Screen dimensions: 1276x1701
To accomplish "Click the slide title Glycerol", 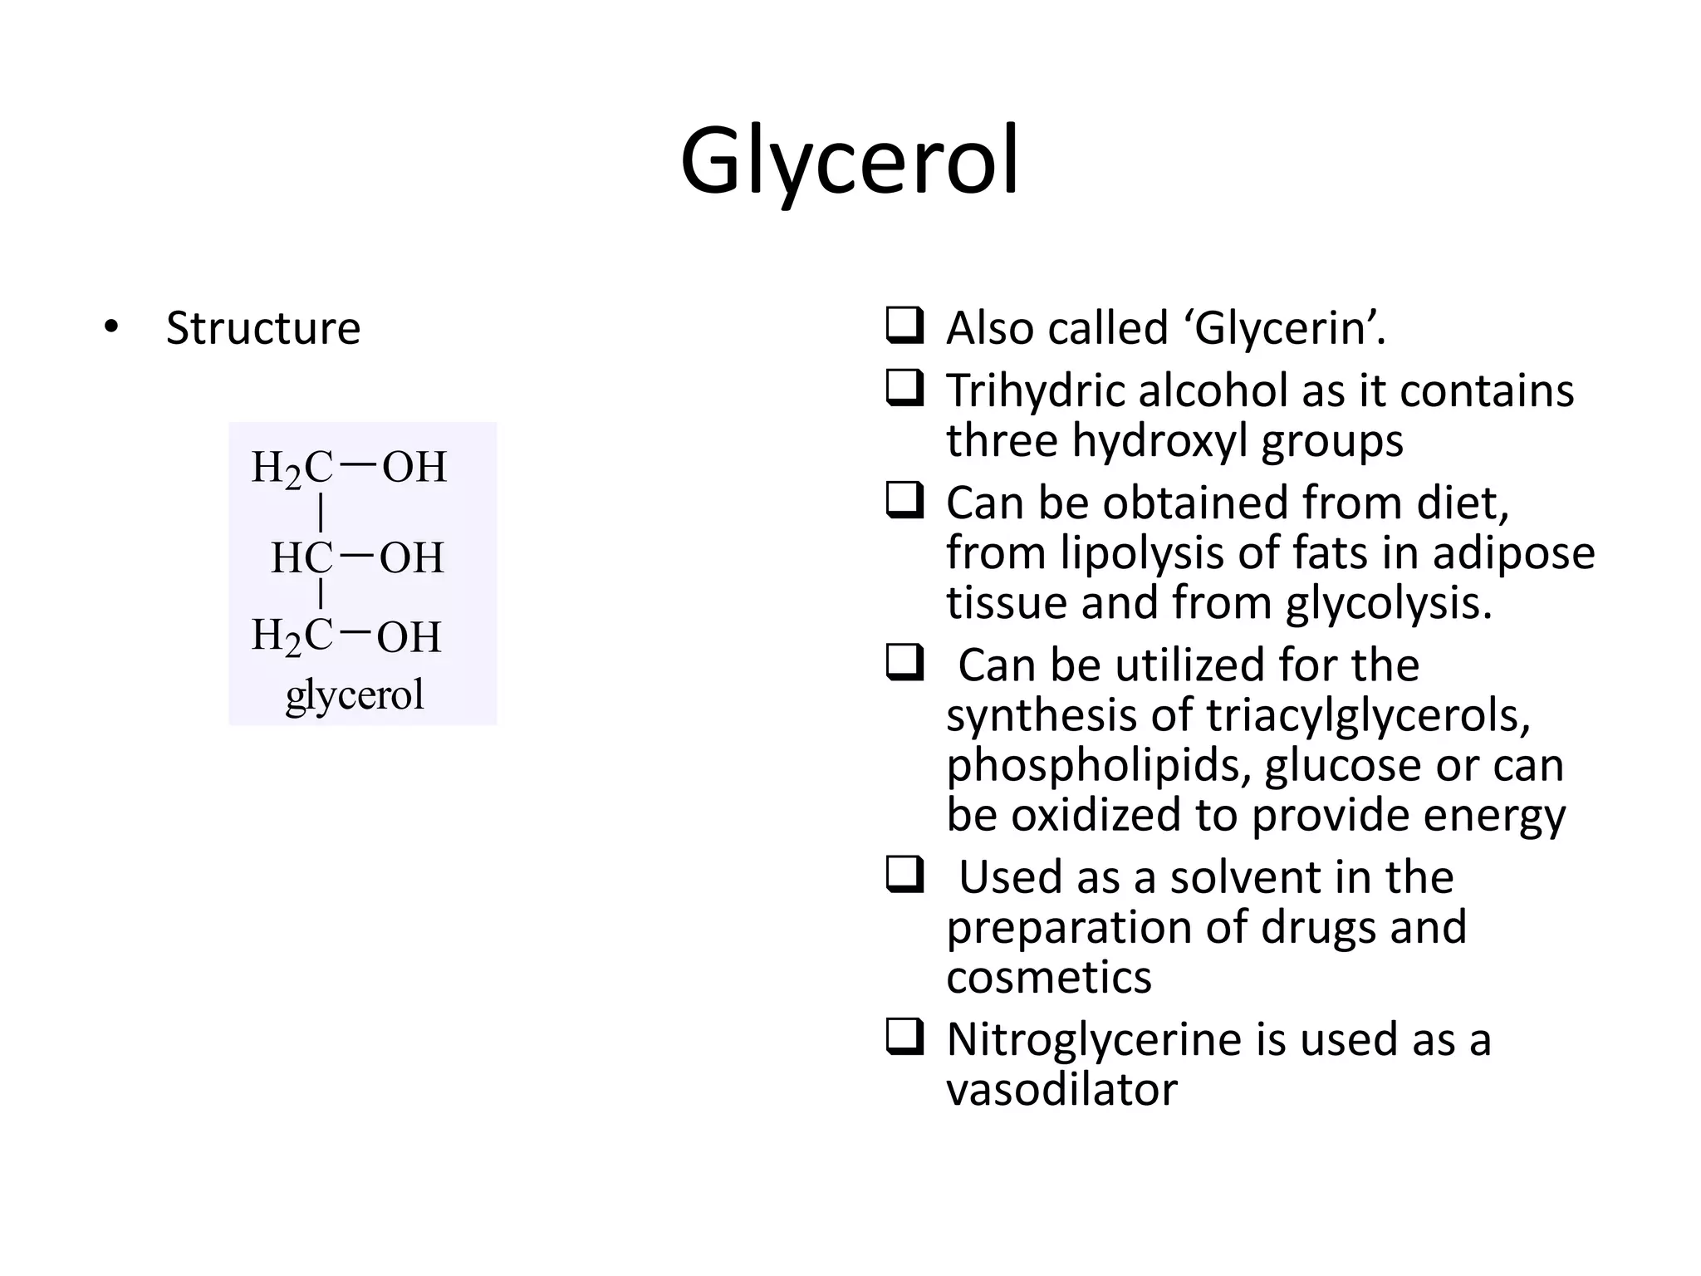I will pyautogui.click(x=849, y=162).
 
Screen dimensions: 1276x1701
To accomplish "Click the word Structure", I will pyautogui.click(x=263, y=328).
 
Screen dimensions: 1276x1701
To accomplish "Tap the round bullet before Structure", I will pyautogui.click(x=111, y=326).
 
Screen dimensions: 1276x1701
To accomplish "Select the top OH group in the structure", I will pyautogui.click(x=414, y=468).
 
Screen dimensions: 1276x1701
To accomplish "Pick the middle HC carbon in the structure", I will pyautogui.click(x=301, y=557).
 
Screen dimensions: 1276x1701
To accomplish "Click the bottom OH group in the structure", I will pyautogui.click(x=409, y=638).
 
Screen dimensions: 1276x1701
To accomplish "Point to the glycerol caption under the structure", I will pyautogui.click(x=355, y=694).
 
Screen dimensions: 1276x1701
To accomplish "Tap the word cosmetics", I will pyautogui.click(x=1048, y=977).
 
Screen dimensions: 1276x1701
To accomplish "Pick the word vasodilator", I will pyautogui.click(x=1061, y=1089).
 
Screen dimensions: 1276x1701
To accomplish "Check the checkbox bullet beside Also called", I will pyautogui.click(x=904, y=326).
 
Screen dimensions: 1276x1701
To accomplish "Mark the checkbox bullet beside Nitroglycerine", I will pyautogui.click(x=904, y=1038).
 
